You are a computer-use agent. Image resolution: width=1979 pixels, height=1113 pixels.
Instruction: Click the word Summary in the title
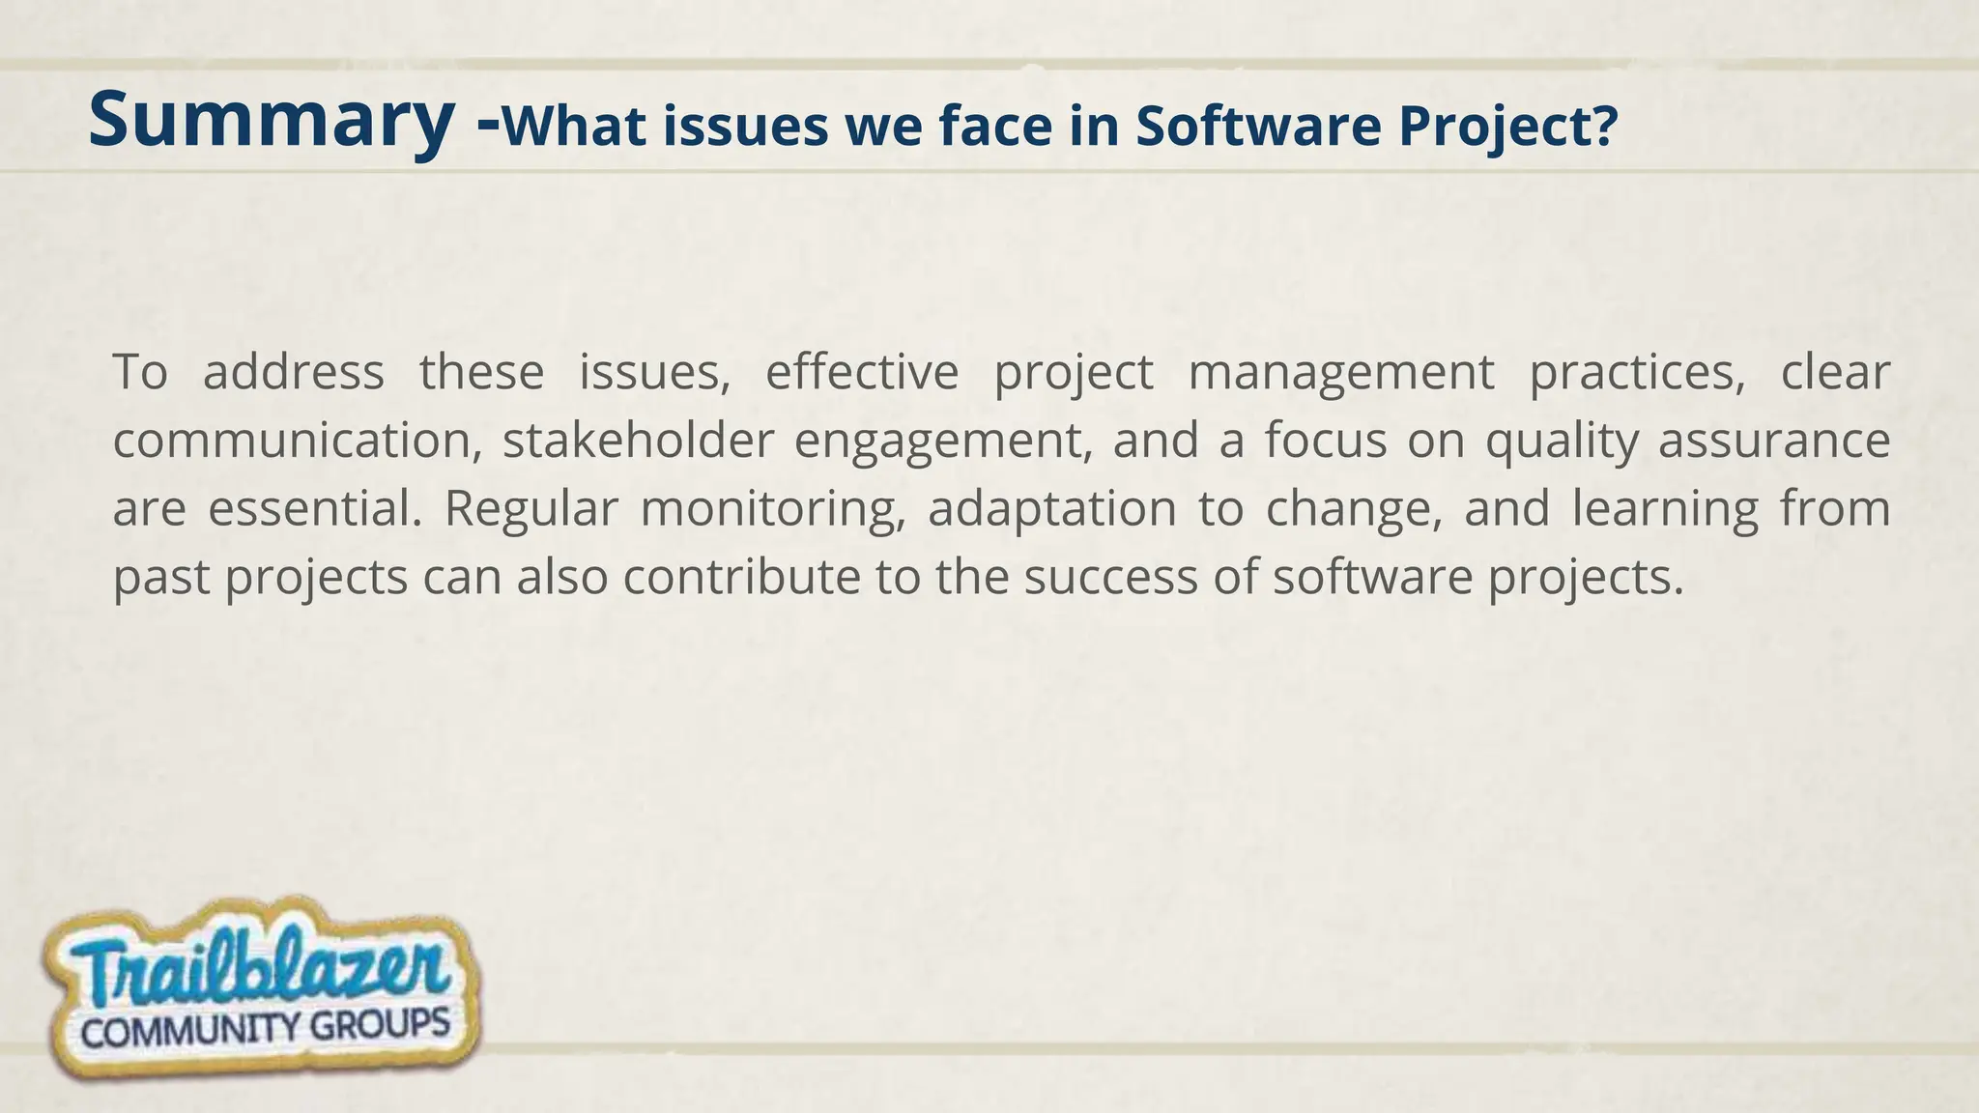pos(271,120)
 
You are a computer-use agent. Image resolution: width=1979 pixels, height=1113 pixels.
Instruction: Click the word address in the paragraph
pos(293,372)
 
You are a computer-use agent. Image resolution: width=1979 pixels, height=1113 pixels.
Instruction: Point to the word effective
pos(862,372)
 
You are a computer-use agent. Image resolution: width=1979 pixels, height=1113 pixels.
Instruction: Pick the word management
pos(1341,374)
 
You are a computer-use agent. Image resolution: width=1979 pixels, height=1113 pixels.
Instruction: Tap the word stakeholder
pos(639,441)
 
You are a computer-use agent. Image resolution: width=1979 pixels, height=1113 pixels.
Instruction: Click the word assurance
pos(1774,441)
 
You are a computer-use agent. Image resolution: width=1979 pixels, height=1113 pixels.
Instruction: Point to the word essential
pos(315,509)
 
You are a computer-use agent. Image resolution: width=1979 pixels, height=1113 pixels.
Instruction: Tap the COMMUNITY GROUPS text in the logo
pos(266,1028)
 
